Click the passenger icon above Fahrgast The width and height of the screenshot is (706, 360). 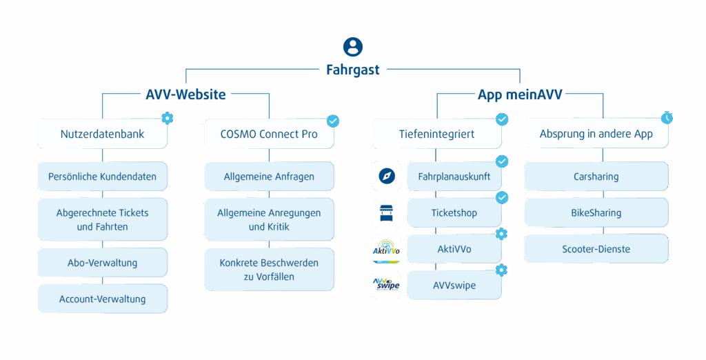(x=353, y=47)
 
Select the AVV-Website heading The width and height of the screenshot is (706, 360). (x=185, y=94)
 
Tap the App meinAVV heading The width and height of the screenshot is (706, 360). (x=520, y=94)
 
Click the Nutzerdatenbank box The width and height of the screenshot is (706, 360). (x=102, y=134)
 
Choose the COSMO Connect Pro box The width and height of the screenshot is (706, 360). (x=269, y=134)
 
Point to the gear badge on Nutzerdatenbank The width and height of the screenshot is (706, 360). (x=166, y=118)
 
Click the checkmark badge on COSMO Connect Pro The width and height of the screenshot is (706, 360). (x=333, y=121)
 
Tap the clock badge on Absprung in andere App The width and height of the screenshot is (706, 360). (x=667, y=118)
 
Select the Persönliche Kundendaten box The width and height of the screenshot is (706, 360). (x=102, y=177)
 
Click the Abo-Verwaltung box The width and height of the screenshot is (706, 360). (x=102, y=263)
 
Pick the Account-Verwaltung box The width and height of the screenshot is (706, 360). (x=102, y=299)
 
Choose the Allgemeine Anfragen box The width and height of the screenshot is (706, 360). (x=269, y=177)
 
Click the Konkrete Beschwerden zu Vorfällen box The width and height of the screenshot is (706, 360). (x=269, y=270)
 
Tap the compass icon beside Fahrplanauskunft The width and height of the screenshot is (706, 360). (x=386, y=177)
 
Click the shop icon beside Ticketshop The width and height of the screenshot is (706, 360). (x=386, y=212)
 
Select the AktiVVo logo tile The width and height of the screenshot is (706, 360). (x=386, y=249)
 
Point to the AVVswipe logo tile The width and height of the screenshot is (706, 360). (x=386, y=285)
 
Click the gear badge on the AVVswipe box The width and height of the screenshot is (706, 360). (x=501, y=270)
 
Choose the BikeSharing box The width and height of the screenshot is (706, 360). (x=596, y=212)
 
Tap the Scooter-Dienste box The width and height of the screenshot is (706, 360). (x=596, y=249)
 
